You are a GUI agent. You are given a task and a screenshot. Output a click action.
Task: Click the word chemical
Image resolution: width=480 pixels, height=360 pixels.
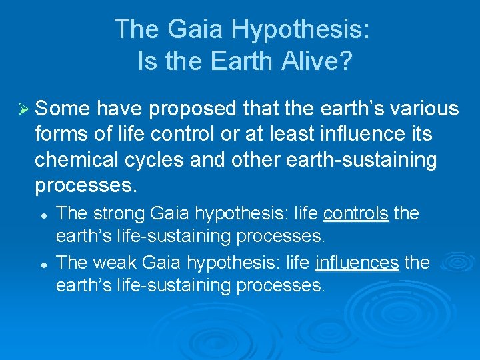(79, 161)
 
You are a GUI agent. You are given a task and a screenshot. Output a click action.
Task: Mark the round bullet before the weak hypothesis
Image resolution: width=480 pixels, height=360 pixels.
(42, 264)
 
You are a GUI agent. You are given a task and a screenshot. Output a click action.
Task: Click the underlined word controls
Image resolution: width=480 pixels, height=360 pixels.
(356, 214)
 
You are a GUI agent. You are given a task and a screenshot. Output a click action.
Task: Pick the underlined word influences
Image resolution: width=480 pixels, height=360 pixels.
(357, 263)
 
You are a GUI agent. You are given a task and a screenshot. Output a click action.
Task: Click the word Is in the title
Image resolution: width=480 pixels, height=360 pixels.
(146, 61)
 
